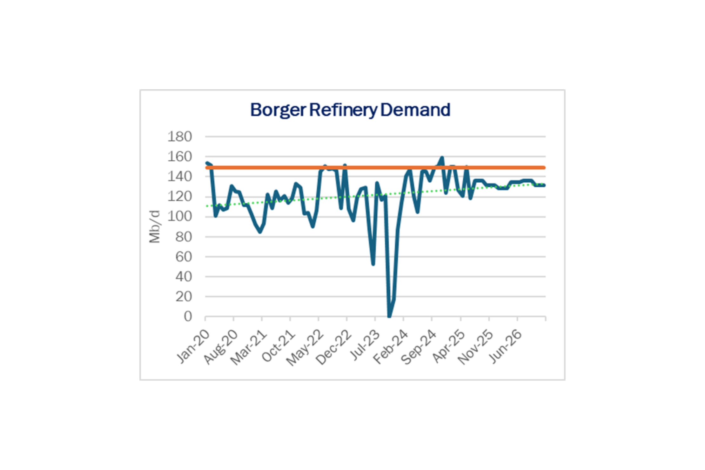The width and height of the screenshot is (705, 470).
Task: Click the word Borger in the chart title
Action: coord(278,110)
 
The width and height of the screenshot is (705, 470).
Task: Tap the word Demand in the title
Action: coord(415,110)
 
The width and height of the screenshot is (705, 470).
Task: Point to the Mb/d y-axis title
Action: coord(155,226)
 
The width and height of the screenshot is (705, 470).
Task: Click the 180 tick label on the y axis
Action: coord(180,137)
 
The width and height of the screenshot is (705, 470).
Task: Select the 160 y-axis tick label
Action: coord(180,157)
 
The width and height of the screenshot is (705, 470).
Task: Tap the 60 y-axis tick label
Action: coord(184,257)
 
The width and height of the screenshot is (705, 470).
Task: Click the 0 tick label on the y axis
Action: coord(188,317)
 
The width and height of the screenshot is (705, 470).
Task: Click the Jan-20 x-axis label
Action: coord(193,346)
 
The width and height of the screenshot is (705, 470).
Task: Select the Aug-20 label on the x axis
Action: coord(221,347)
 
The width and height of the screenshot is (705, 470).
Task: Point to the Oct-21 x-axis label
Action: coord(279,346)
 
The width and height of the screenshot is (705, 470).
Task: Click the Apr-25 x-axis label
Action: coord(449,346)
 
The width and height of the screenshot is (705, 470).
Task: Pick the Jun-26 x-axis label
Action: coord(506,346)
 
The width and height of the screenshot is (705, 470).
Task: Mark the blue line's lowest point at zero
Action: coord(389,316)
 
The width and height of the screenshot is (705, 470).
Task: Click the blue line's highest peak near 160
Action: coord(442,158)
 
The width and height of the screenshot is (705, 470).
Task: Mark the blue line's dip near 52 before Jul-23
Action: coord(373,264)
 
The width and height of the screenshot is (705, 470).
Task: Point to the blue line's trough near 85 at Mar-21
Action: coord(260,232)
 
